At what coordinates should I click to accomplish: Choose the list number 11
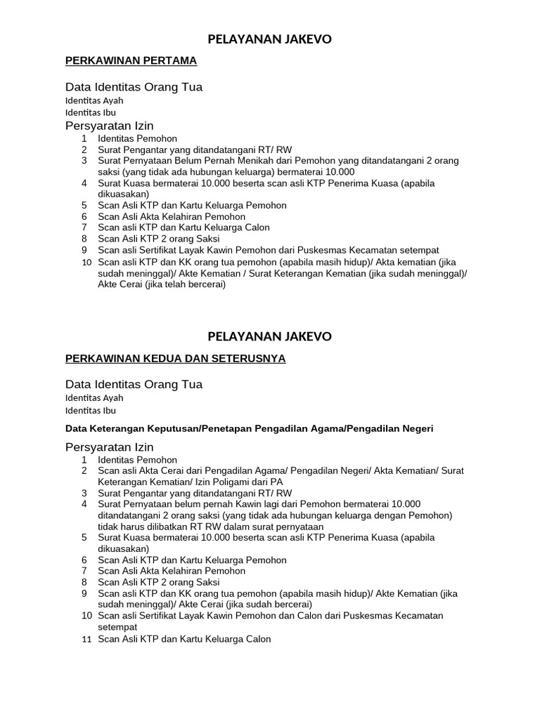pyautogui.click(x=86, y=640)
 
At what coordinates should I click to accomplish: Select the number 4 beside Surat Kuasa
pyautogui.click(x=84, y=183)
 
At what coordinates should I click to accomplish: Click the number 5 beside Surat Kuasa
pyautogui.click(x=84, y=538)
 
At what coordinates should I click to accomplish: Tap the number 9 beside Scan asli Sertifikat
pyautogui.click(x=84, y=250)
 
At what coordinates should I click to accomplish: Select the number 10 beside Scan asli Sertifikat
pyautogui.click(x=86, y=616)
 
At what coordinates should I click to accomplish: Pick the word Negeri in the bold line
pyautogui.click(x=418, y=428)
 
